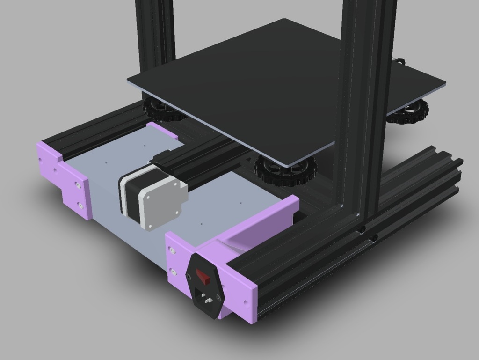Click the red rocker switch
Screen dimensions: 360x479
click(x=203, y=276)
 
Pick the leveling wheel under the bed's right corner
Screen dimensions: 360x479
click(x=411, y=113)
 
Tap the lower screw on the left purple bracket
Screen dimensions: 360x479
click(x=80, y=205)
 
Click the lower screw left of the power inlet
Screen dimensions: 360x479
click(x=173, y=271)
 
